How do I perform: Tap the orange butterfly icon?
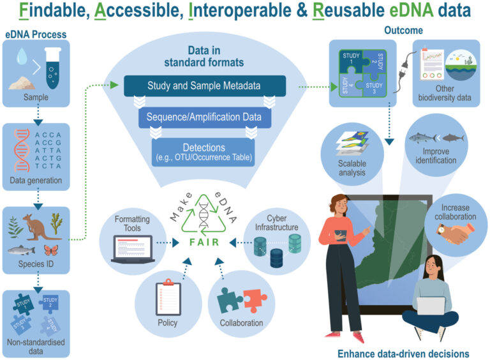[51, 250]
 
